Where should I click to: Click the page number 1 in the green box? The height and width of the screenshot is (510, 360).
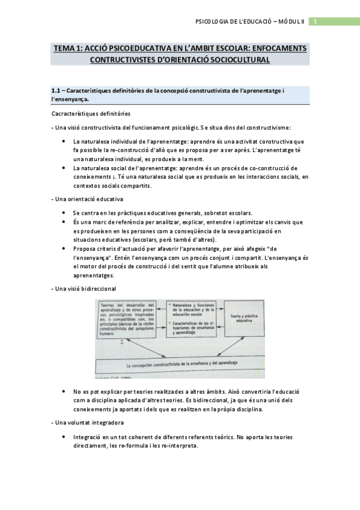(x=314, y=22)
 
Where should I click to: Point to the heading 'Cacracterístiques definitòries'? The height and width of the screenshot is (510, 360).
(x=91, y=114)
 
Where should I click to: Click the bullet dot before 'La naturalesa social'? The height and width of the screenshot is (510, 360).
(x=64, y=168)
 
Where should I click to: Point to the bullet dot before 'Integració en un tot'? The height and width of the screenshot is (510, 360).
(x=64, y=437)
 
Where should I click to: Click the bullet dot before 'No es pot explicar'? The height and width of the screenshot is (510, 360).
(x=64, y=391)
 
